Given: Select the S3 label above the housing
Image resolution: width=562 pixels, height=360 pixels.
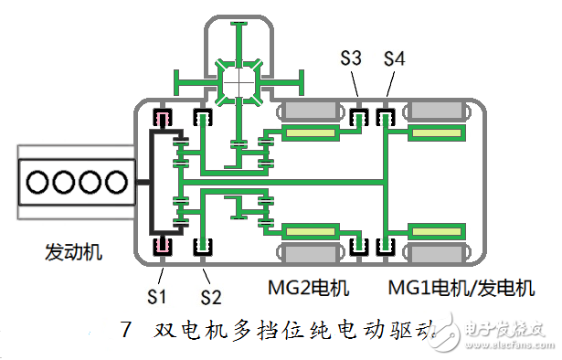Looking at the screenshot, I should click(351, 58).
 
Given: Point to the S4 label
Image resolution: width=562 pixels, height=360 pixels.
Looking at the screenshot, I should click(394, 58).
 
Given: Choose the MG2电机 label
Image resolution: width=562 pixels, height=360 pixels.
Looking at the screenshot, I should click(308, 290).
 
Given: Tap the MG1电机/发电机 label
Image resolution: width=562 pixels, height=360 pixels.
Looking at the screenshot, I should click(461, 290).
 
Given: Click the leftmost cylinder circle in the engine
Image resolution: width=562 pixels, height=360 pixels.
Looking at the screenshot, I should click(39, 182).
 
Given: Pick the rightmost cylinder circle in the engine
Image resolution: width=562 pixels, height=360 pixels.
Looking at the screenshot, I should click(113, 182).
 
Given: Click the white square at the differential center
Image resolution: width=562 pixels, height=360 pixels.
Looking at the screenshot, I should click(239, 81).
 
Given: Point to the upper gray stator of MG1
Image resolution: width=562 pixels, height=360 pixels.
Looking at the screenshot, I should click(438, 112).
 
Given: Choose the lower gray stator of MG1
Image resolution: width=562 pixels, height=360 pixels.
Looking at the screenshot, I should click(438, 250).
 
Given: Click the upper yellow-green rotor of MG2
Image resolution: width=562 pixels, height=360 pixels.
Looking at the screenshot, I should click(311, 134).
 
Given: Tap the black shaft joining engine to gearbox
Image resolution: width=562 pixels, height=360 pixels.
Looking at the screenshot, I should click(143, 182).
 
